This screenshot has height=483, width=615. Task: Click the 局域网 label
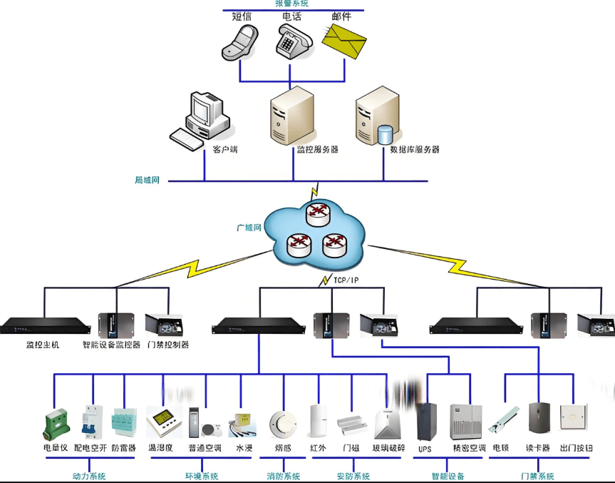point(148,181)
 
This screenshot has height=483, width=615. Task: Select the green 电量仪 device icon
point(55,423)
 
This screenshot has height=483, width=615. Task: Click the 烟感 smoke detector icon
point(282,424)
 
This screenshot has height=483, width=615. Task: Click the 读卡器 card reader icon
point(539,420)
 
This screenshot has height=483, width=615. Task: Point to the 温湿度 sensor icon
point(163,422)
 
